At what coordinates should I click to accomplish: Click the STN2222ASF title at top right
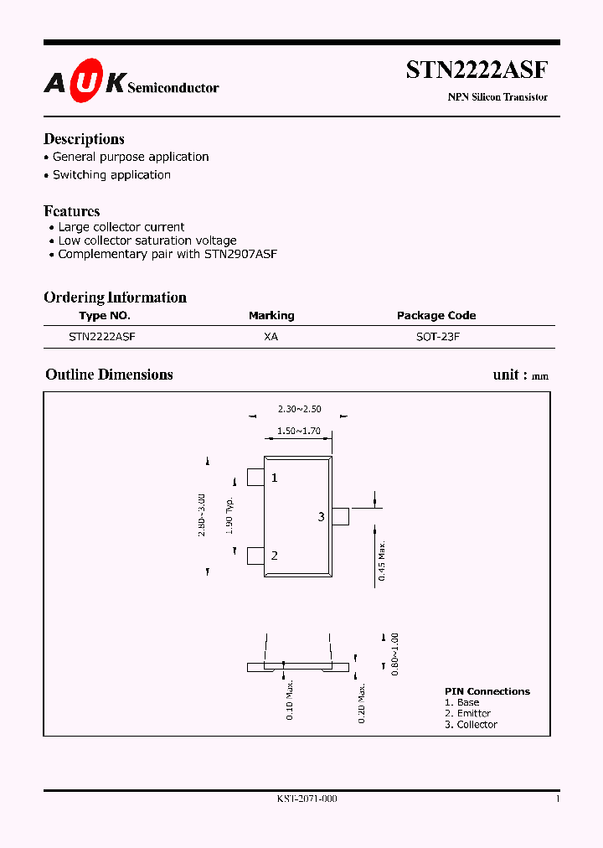[477, 70]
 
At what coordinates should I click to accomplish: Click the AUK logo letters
[85, 81]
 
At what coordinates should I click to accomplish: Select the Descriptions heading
[84, 139]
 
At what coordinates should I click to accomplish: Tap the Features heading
[71, 211]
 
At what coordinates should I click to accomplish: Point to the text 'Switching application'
[111, 175]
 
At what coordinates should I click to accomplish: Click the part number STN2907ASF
[240, 254]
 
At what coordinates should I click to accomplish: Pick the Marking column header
[271, 316]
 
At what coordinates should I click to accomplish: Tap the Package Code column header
[436, 316]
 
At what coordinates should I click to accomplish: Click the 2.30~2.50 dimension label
[299, 410]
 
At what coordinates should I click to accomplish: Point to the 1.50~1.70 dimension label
[299, 432]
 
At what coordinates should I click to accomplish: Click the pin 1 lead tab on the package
[255, 478]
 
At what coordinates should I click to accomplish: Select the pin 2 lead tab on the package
[255, 555]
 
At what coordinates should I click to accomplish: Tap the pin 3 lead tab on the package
[340, 516]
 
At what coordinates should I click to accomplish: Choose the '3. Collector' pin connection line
[471, 725]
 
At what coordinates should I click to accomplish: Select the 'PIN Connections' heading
[487, 691]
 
